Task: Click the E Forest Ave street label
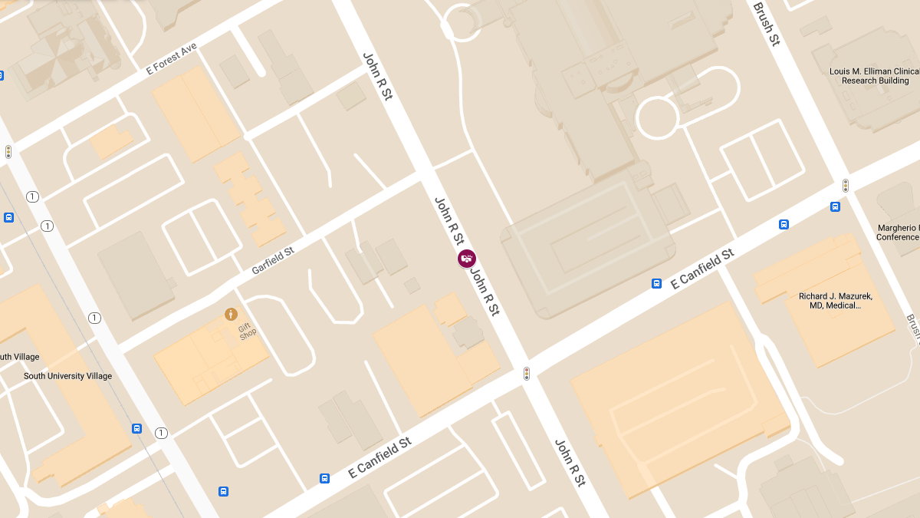(x=171, y=58)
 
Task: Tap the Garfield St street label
(x=273, y=261)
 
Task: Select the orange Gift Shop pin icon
(x=230, y=314)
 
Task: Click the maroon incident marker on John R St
(x=466, y=259)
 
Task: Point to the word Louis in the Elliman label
(x=840, y=71)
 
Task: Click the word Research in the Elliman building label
(x=859, y=81)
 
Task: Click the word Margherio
(x=899, y=228)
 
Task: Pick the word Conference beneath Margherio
(x=898, y=237)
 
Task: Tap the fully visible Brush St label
(x=766, y=24)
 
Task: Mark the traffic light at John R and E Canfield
(x=526, y=373)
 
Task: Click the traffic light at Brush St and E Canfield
(x=845, y=186)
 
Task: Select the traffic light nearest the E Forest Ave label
(x=8, y=151)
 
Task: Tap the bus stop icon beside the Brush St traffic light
(x=835, y=206)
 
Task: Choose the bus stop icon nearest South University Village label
(x=136, y=428)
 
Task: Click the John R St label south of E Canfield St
(x=570, y=463)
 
